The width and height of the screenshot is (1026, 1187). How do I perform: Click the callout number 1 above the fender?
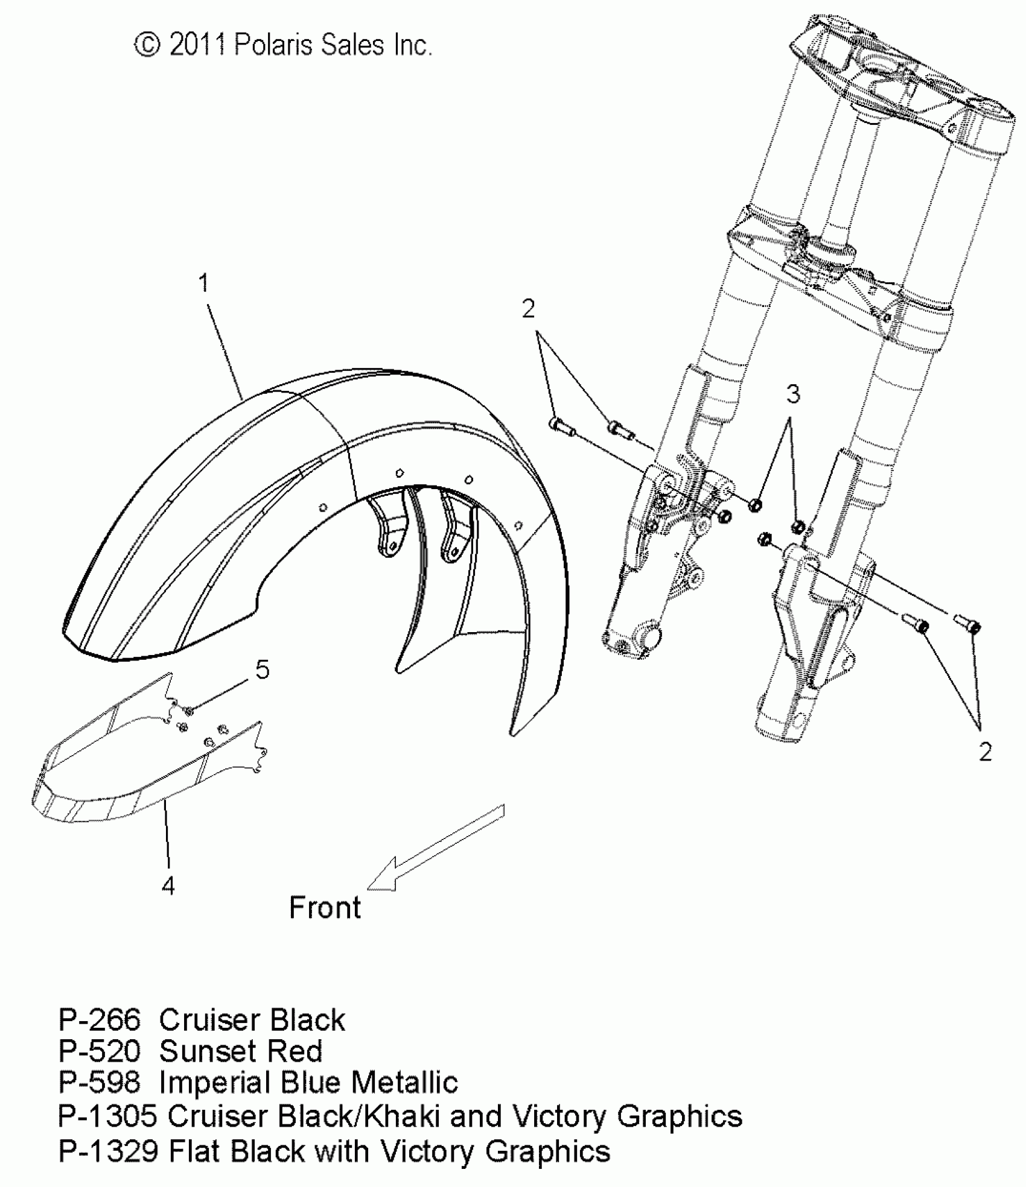(204, 283)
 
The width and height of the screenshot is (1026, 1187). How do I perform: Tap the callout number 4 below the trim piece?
(168, 885)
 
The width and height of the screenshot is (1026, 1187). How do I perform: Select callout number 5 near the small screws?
(263, 669)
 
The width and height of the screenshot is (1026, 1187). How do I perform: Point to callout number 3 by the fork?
(793, 394)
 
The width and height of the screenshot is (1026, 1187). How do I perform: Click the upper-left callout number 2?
(528, 309)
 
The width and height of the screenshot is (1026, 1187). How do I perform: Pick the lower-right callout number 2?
(985, 752)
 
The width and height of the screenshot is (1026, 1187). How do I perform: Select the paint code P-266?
(100, 1020)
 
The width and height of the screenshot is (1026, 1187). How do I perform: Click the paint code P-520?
(100, 1051)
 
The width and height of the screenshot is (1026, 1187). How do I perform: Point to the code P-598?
(100, 1083)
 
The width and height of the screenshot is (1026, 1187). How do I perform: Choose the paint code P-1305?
(107, 1116)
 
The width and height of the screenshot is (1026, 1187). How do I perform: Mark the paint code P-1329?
(107, 1151)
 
